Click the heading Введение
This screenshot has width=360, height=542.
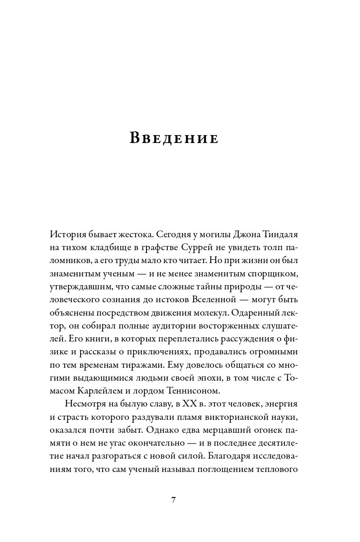[x=174, y=138]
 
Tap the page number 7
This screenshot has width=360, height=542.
[x=174, y=500]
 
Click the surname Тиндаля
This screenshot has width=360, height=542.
[x=277, y=235]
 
